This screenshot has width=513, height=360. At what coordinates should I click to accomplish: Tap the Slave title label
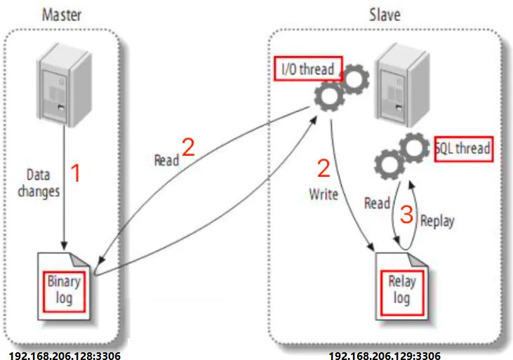(385, 13)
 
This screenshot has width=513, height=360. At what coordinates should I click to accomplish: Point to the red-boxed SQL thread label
(462, 148)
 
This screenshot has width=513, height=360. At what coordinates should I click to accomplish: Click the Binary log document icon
(65, 288)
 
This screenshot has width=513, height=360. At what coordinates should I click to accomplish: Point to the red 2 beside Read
(188, 147)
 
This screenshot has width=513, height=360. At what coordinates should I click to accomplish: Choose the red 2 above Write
(324, 168)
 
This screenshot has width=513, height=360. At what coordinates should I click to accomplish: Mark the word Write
(324, 194)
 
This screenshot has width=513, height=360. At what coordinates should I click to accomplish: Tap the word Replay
(437, 221)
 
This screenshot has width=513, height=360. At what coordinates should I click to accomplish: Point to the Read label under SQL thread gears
(377, 204)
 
